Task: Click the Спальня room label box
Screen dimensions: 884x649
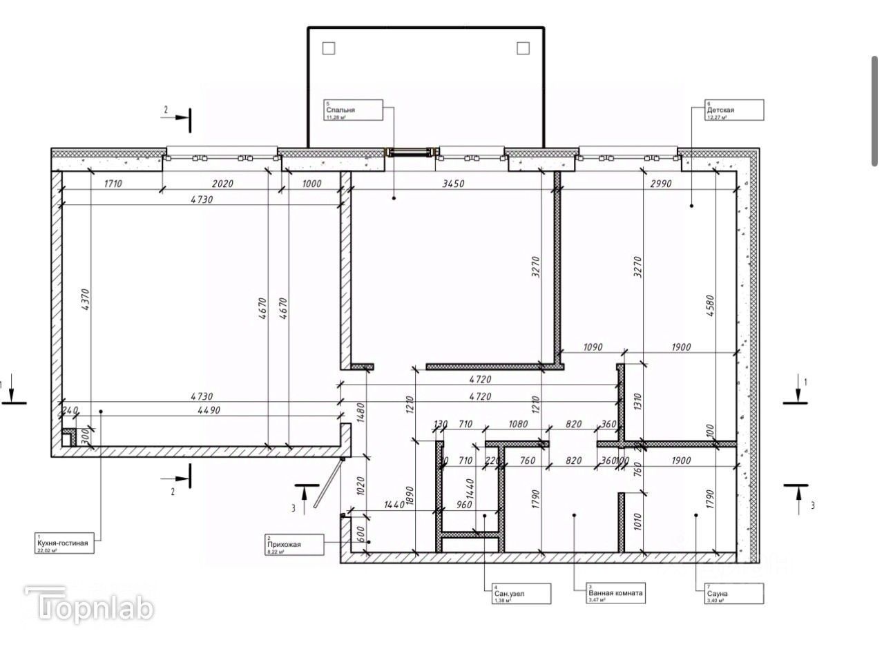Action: coord(353,110)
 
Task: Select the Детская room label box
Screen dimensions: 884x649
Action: coord(733,110)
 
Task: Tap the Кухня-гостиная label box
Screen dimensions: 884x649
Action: coord(66,543)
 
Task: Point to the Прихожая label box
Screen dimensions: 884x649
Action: coord(294,544)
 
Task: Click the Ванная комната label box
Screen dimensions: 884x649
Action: coord(615,594)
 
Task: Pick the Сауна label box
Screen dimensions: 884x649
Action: coord(733,594)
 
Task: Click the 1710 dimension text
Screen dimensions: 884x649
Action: coord(113,184)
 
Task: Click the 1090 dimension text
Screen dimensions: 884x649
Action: coord(593,347)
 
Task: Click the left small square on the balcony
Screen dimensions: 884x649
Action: coord(329,48)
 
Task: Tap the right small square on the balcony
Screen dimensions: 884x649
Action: coord(523,48)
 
